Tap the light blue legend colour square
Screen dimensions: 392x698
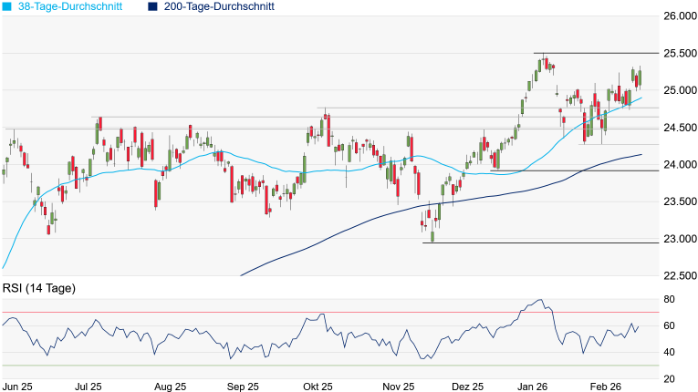pos(7,6)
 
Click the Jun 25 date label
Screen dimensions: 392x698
pos(18,387)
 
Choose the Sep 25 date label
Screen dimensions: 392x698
pos(243,387)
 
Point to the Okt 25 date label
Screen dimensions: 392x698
pos(318,387)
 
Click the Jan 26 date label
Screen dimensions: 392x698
pos(532,387)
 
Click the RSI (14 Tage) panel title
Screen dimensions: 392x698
pos(38,289)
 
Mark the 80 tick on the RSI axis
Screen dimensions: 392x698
pos(669,300)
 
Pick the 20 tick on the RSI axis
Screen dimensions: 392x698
pos(669,379)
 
